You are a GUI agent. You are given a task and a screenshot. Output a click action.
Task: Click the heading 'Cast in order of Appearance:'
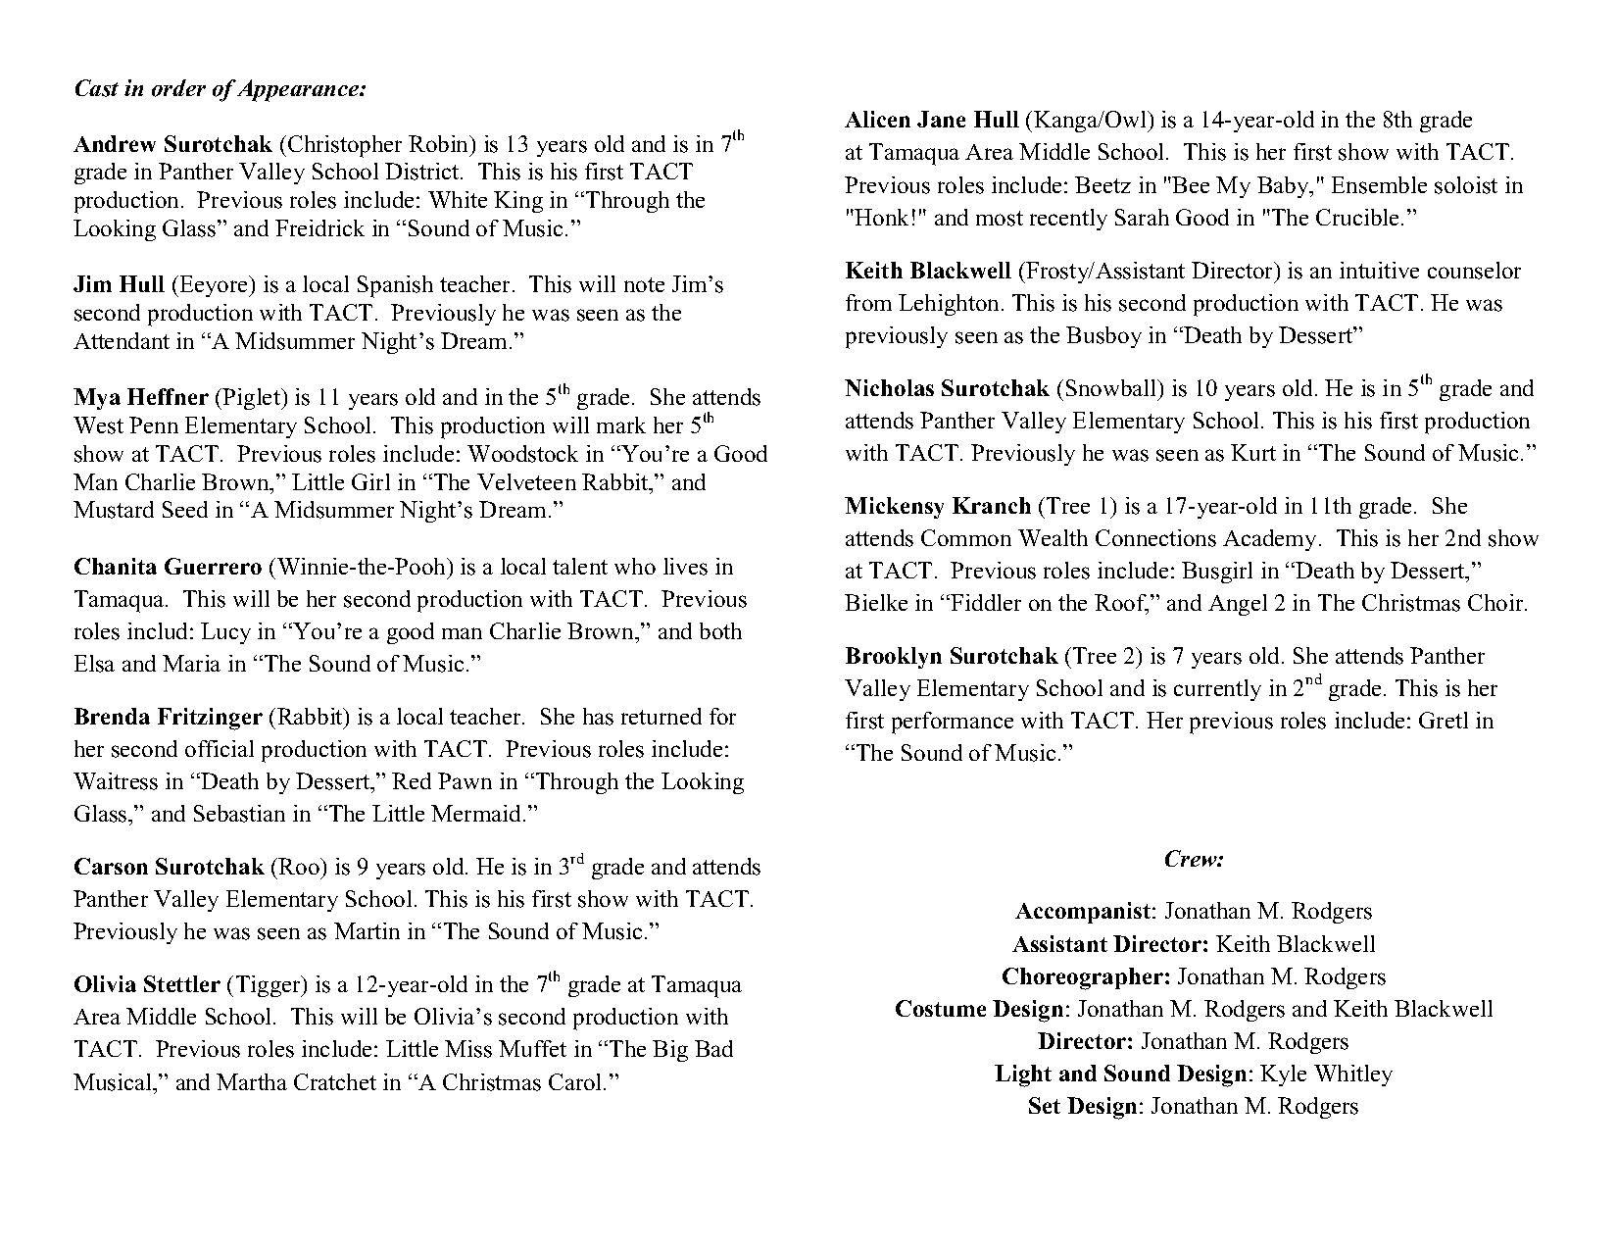coord(220,88)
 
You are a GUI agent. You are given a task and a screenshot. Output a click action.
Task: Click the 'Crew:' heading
coord(1194,859)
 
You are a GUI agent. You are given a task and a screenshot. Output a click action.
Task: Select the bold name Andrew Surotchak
coord(172,145)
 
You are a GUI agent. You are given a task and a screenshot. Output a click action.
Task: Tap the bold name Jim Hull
coord(119,285)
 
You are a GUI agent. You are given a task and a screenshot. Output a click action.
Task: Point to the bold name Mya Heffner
coord(140,398)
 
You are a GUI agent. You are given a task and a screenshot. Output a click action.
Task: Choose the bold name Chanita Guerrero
coord(168,568)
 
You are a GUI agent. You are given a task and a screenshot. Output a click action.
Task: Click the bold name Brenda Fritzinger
coord(168,718)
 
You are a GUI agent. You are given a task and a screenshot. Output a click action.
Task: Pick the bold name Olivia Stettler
coord(148,985)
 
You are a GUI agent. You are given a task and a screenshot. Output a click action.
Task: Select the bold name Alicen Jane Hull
coord(932,121)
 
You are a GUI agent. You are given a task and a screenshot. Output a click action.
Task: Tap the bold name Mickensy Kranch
coord(938,507)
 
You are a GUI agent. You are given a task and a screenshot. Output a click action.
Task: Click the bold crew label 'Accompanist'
coord(1083,912)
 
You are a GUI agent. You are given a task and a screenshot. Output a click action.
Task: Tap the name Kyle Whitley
coord(1326,1075)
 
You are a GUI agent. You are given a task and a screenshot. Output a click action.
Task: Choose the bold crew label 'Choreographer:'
coord(1086,977)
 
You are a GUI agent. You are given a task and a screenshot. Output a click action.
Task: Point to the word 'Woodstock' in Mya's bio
coord(514,455)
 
